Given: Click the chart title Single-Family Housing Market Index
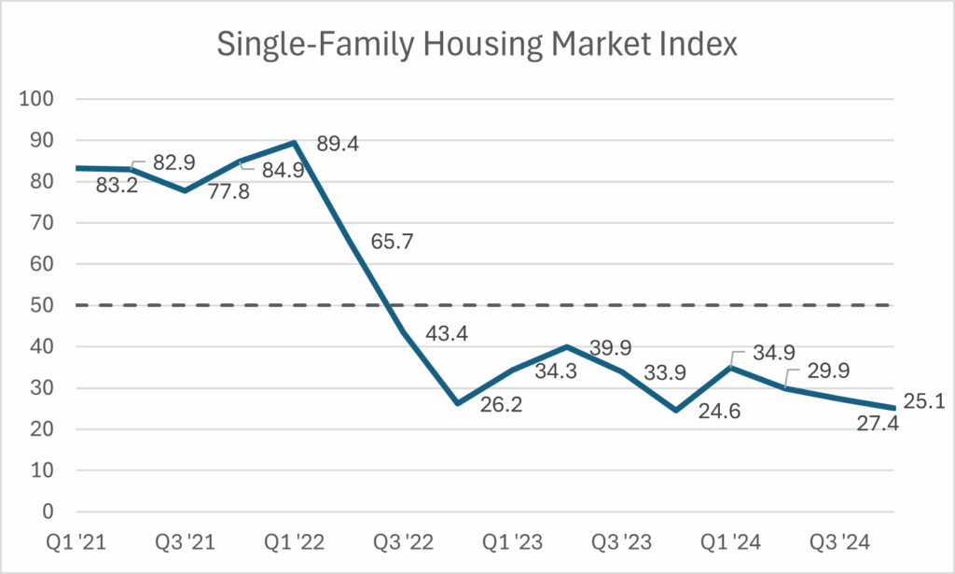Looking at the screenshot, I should click(477, 45).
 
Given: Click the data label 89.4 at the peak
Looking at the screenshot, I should click(338, 144).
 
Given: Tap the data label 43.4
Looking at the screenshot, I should click(447, 332).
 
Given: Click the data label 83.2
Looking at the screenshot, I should click(118, 186).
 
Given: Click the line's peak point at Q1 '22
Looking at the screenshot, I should click(295, 143).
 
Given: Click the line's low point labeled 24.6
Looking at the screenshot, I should click(675, 410).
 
